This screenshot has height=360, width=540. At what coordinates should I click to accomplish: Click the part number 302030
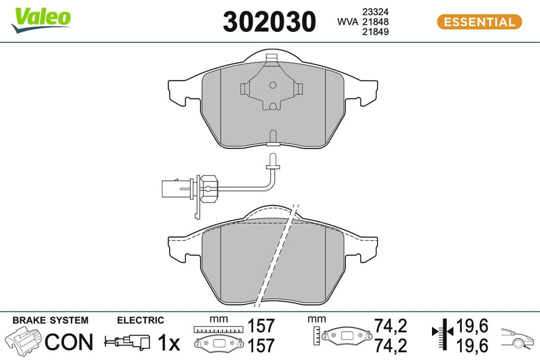click(x=269, y=22)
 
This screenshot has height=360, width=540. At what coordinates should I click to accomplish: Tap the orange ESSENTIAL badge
click(x=479, y=22)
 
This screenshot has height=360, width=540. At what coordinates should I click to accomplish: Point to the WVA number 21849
click(x=378, y=32)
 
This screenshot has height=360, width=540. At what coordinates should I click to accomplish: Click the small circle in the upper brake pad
click(x=272, y=85)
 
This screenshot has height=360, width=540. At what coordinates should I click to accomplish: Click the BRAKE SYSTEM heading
click(x=50, y=320)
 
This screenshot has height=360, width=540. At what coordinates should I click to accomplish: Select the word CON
click(x=69, y=342)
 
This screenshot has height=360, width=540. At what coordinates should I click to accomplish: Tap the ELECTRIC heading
click(x=140, y=320)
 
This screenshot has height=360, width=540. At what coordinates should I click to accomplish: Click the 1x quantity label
click(x=168, y=342)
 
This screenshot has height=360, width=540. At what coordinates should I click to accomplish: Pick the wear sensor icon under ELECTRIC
click(x=127, y=342)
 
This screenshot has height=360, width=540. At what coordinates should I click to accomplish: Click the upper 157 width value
click(x=261, y=326)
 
